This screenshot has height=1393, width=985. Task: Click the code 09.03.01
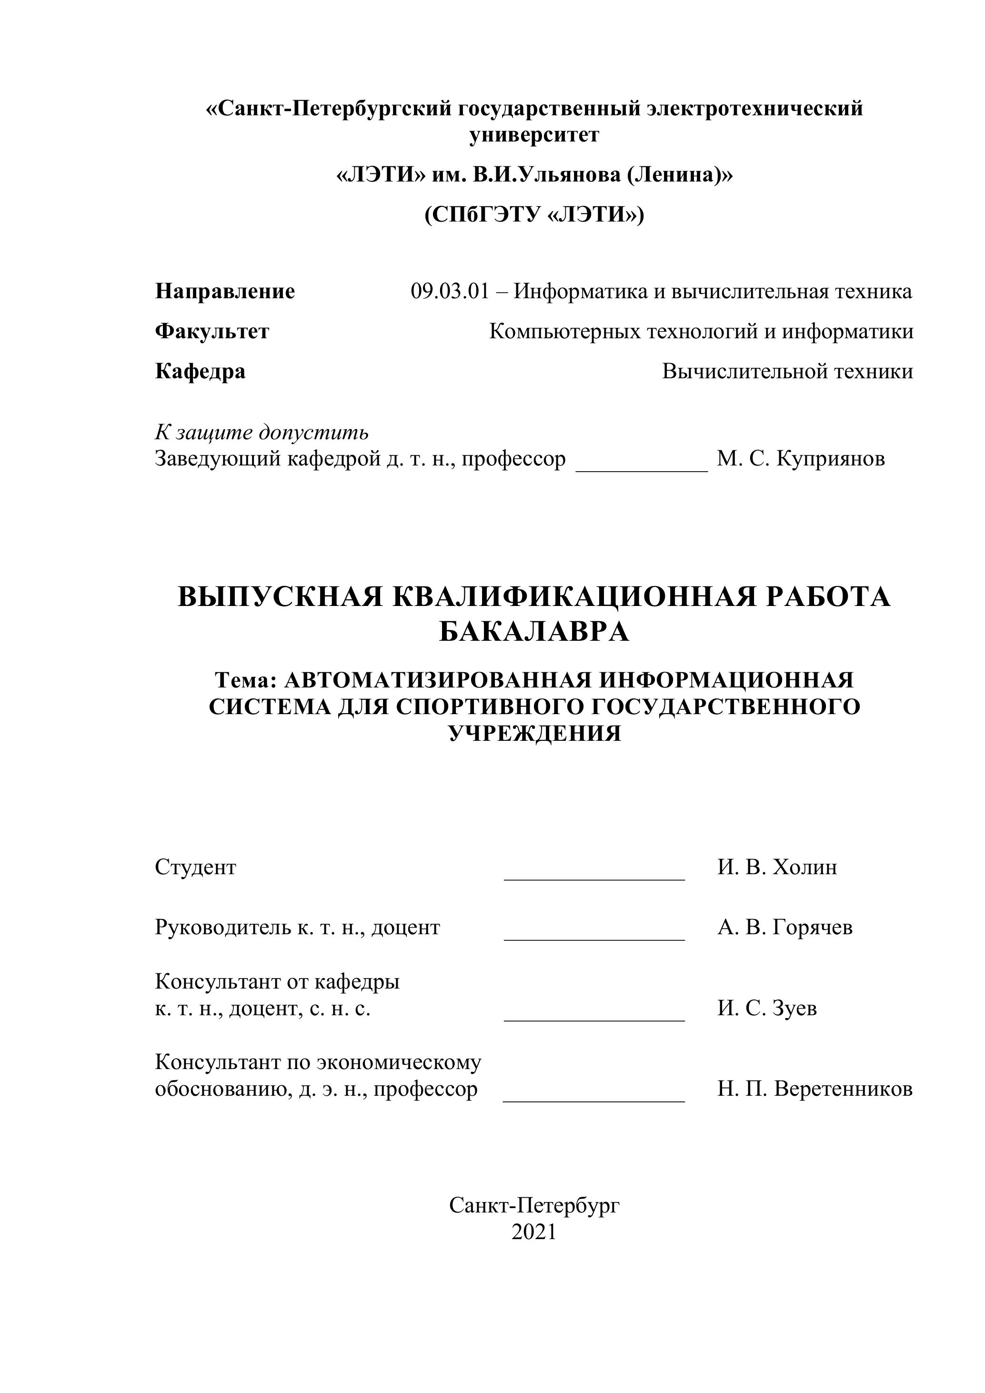click(x=450, y=292)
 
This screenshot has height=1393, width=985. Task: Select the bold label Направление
click(x=225, y=292)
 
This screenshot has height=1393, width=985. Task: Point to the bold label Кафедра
click(x=200, y=371)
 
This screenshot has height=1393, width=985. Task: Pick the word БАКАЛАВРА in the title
click(x=534, y=633)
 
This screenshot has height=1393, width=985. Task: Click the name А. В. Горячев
click(x=785, y=928)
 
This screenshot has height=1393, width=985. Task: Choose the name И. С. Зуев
click(x=767, y=1009)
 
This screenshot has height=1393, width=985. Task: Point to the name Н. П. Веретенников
click(x=814, y=1089)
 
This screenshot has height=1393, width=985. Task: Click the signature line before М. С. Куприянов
click(x=641, y=469)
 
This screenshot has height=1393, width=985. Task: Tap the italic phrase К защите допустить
click(x=262, y=433)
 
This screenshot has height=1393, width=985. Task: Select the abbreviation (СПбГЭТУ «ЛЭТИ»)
click(x=534, y=215)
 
